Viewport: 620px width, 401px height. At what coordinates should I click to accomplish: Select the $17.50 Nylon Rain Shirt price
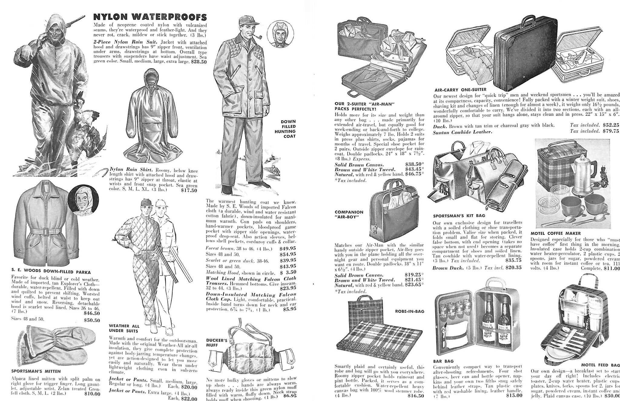[189, 190]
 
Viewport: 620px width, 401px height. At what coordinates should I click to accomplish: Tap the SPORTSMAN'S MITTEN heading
[36, 371]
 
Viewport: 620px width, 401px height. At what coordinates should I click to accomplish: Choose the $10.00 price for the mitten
[92, 394]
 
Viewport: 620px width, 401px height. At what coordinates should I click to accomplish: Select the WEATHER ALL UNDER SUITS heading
[124, 328]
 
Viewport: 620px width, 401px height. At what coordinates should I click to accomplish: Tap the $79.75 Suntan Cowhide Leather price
[610, 131]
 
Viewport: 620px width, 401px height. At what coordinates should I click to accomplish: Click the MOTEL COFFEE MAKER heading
[556, 233]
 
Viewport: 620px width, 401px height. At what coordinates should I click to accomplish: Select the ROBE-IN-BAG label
[410, 311]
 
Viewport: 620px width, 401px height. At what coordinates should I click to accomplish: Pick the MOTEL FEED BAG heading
[600, 365]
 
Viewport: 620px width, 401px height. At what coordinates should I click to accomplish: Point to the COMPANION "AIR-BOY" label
[349, 214]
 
